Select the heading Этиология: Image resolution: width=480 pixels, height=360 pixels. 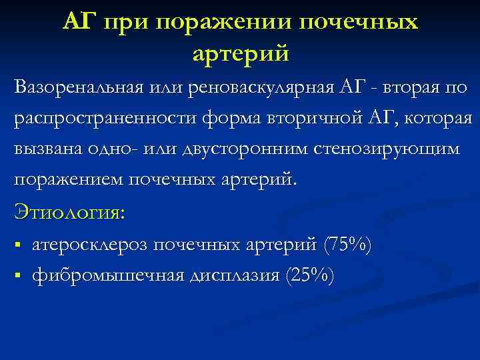pyautogui.click(x=69, y=213)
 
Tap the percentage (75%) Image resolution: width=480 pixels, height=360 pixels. pyautogui.click(x=347, y=245)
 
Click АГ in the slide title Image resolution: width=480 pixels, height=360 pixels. pyautogui.click(x=79, y=22)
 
